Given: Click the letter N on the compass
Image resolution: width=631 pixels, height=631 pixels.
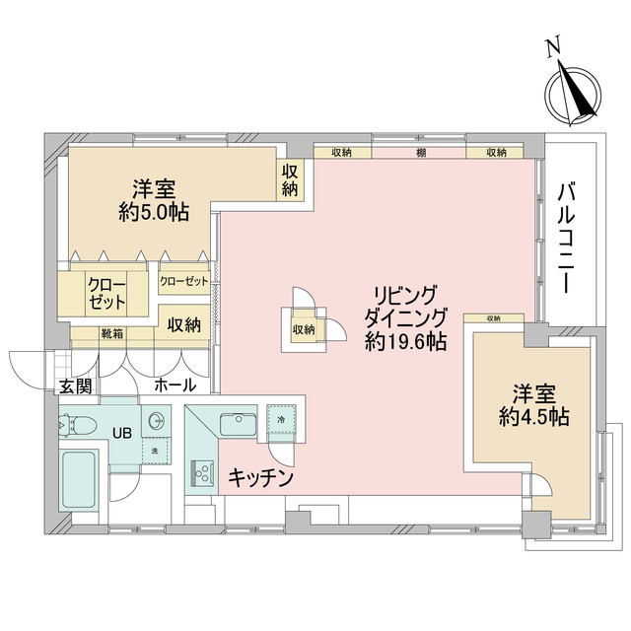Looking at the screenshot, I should [x=554, y=45].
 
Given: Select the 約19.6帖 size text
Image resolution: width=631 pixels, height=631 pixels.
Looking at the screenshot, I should [x=404, y=342].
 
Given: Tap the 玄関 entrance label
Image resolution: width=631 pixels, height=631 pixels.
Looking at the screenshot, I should [x=74, y=386].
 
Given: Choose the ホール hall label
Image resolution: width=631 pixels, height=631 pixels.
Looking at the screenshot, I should [x=175, y=386].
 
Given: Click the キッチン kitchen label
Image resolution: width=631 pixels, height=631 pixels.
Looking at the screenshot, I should [x=261, y=477].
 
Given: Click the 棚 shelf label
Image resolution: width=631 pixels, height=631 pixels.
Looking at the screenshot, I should [x=421, y=153].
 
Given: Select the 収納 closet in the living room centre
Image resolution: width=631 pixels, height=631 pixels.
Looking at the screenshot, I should [x=303, y=329].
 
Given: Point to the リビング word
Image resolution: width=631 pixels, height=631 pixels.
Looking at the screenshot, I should [x=405, y=295].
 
